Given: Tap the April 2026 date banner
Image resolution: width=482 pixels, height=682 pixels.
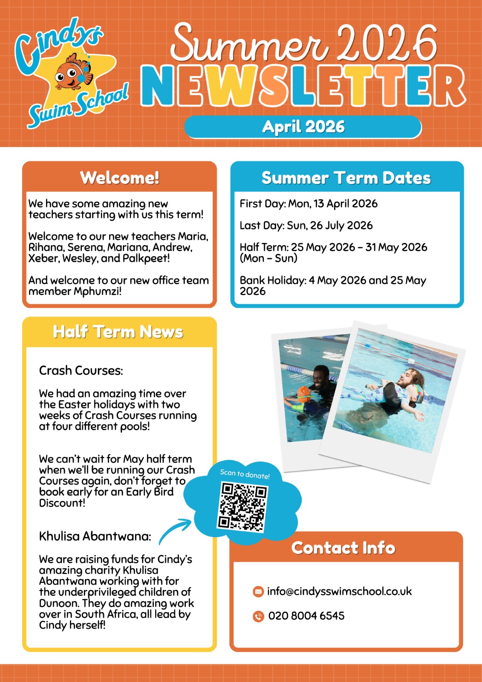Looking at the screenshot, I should tap(303, 127).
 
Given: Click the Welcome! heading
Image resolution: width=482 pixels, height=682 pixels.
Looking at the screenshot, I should tap(120, 178).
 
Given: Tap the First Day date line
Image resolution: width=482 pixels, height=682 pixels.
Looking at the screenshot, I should tap(309, 204).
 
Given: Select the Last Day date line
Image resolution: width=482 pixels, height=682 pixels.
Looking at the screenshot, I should tap(306, 225).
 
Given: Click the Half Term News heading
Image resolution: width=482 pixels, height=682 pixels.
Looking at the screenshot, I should tap(118, 332).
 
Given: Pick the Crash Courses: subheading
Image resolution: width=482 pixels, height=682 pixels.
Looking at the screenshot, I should tap(81, 370).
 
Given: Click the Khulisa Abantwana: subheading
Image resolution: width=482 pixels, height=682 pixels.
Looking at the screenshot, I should tap(95, 536).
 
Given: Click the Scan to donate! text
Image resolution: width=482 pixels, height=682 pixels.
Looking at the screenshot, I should tap(245, 474).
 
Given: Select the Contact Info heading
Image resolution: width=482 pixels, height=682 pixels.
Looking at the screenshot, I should tap(343, 548).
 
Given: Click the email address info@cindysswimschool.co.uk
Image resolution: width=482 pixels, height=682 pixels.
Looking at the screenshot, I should tap(339, 592).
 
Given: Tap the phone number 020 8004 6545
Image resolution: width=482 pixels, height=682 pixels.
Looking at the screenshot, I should tap(306, 616).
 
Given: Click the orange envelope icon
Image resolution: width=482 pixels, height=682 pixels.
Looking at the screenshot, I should tap(258, 592).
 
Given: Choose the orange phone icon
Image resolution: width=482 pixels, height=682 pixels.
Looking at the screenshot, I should tap(258, 616).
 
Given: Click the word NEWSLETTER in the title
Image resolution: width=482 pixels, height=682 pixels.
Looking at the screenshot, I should tap(303, 87).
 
